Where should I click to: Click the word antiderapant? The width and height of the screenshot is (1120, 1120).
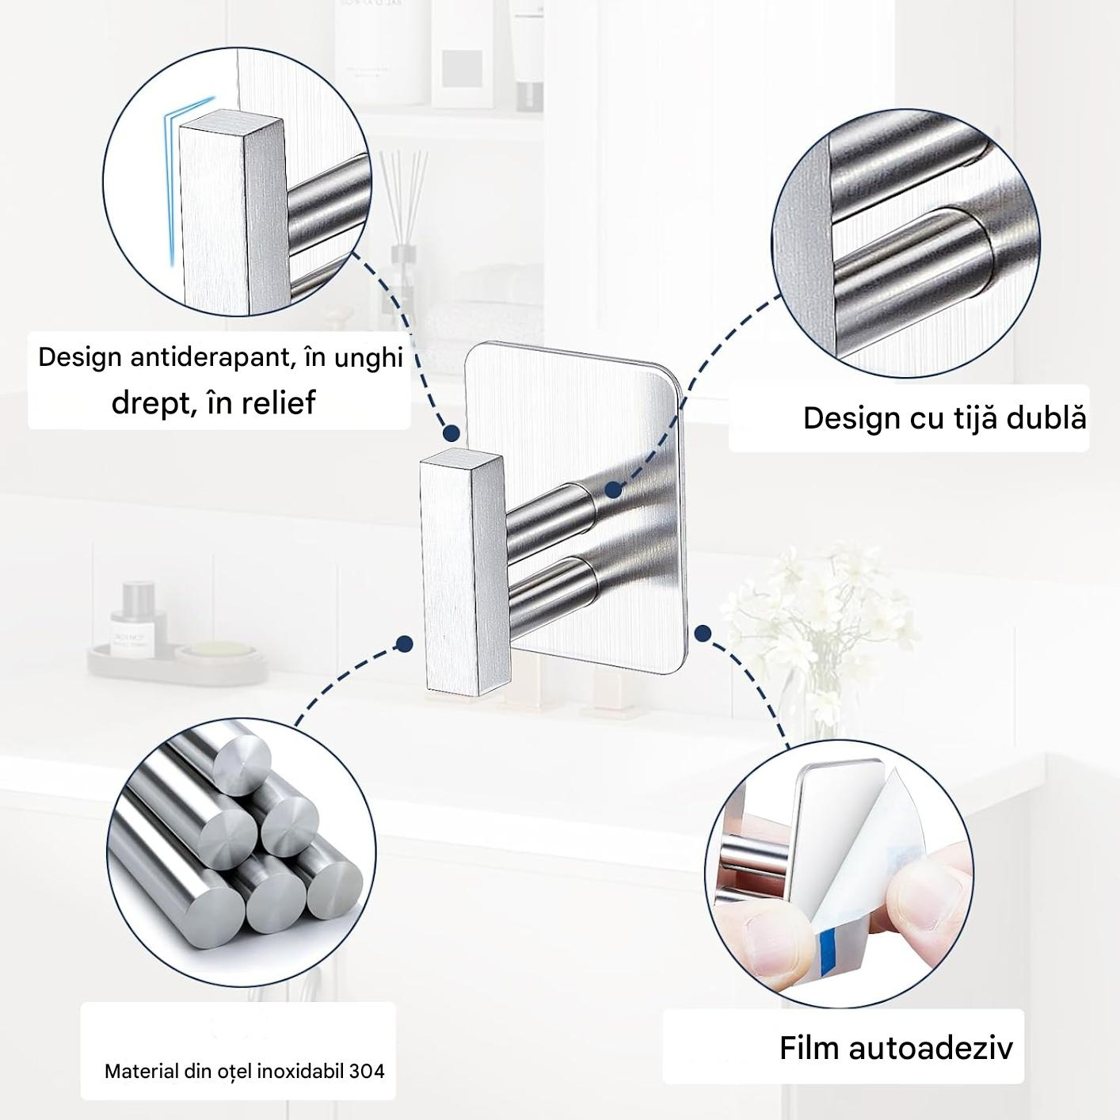click(210, 357)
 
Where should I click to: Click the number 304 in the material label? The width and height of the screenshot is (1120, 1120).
click(367, 1071)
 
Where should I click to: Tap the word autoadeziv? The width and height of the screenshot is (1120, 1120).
click(931, 1048)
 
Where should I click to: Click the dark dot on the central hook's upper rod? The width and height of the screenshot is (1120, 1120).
click(612, 490)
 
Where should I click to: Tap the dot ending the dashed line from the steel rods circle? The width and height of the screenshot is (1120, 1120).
click(403, 643)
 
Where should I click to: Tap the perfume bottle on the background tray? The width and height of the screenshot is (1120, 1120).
click(139, 619)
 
